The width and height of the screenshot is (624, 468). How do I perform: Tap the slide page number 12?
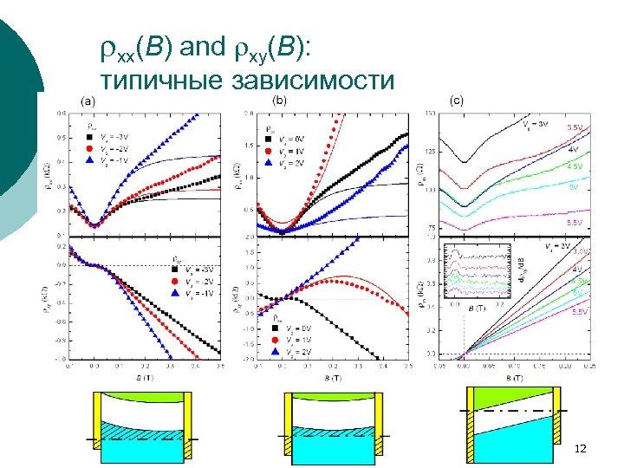coord(580,448)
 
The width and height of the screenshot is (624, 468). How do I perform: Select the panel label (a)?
coord(88,101)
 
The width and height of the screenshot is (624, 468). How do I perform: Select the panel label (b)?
coord(280,101)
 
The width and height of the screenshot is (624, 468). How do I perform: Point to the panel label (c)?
coord(456,101)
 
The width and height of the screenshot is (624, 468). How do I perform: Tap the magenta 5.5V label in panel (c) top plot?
coord(574,223)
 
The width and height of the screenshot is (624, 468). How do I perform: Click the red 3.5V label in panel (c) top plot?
coord(574,127)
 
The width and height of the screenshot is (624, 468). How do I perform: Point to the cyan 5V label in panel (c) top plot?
coord(573,186)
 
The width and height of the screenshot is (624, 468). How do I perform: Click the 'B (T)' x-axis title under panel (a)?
coord(144,378)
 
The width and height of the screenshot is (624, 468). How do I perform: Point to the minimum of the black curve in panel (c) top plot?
coord(466,162)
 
